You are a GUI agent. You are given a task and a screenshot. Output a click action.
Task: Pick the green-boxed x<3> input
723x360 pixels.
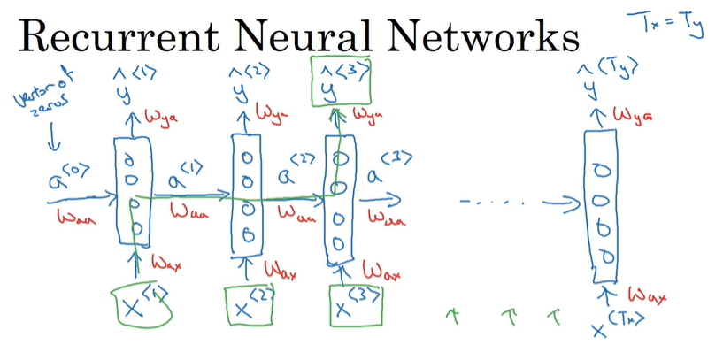pos(351,306)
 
